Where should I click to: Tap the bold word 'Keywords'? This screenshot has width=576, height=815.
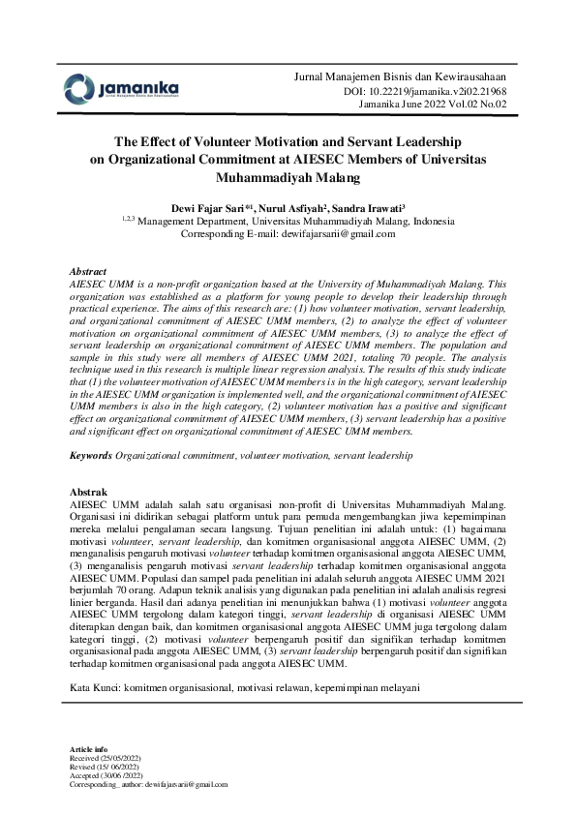92,454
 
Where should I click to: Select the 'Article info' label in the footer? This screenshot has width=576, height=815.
90,751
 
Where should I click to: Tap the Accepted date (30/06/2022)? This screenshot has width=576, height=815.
129,776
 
